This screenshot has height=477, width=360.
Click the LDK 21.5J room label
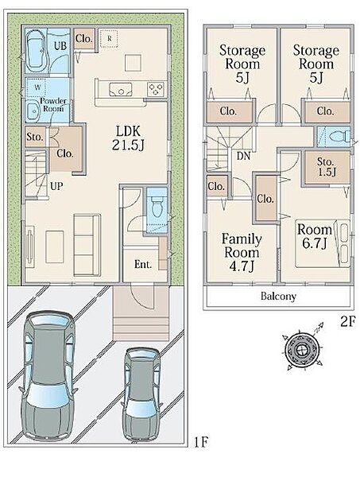(x=128, y=138)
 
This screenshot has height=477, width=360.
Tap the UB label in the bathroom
(x=60, y=45)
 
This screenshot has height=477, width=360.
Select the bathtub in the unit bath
(x=37, y=50)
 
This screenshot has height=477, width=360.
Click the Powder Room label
(x=53, y=105)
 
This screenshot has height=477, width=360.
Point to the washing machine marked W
(x=36, y=87)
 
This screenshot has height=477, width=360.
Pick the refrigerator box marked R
(x=109, y=38)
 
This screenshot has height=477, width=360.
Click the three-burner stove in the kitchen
(x=157, y=89)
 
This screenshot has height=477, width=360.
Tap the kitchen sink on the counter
(x=121, y=89)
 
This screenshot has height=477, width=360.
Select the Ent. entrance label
(x=143, y=265)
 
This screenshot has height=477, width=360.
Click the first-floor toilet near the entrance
(x=157, y=206)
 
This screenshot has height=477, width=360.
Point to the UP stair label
(x=56, y=186)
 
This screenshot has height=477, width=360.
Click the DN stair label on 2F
(x=243, y=156)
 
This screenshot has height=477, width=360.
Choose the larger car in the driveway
(x=47, y=376)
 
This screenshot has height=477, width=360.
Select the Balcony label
(x=278, y=296)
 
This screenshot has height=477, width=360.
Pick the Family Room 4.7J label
(x=242, y=253)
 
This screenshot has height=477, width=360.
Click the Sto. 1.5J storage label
(x=327, y=167)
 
